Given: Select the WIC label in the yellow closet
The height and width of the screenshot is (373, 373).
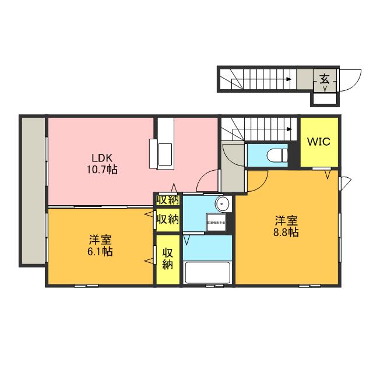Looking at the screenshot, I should [319, 142].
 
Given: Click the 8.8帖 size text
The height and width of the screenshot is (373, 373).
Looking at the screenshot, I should [287, 233].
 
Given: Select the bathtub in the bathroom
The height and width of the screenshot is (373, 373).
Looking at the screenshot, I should [208, 272].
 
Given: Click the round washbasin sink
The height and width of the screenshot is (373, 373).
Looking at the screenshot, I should [222, 203].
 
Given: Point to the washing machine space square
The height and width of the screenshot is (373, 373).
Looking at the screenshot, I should [217, 221].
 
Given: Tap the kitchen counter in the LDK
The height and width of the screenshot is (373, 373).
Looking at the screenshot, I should [163, 143].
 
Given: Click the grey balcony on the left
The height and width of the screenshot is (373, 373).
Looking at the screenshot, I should [33, 190].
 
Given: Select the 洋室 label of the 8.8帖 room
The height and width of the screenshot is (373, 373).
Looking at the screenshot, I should [287, 220].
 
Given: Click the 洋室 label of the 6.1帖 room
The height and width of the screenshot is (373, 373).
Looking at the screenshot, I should [101, 240].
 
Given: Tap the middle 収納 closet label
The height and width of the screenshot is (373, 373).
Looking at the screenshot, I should [168, 220].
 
